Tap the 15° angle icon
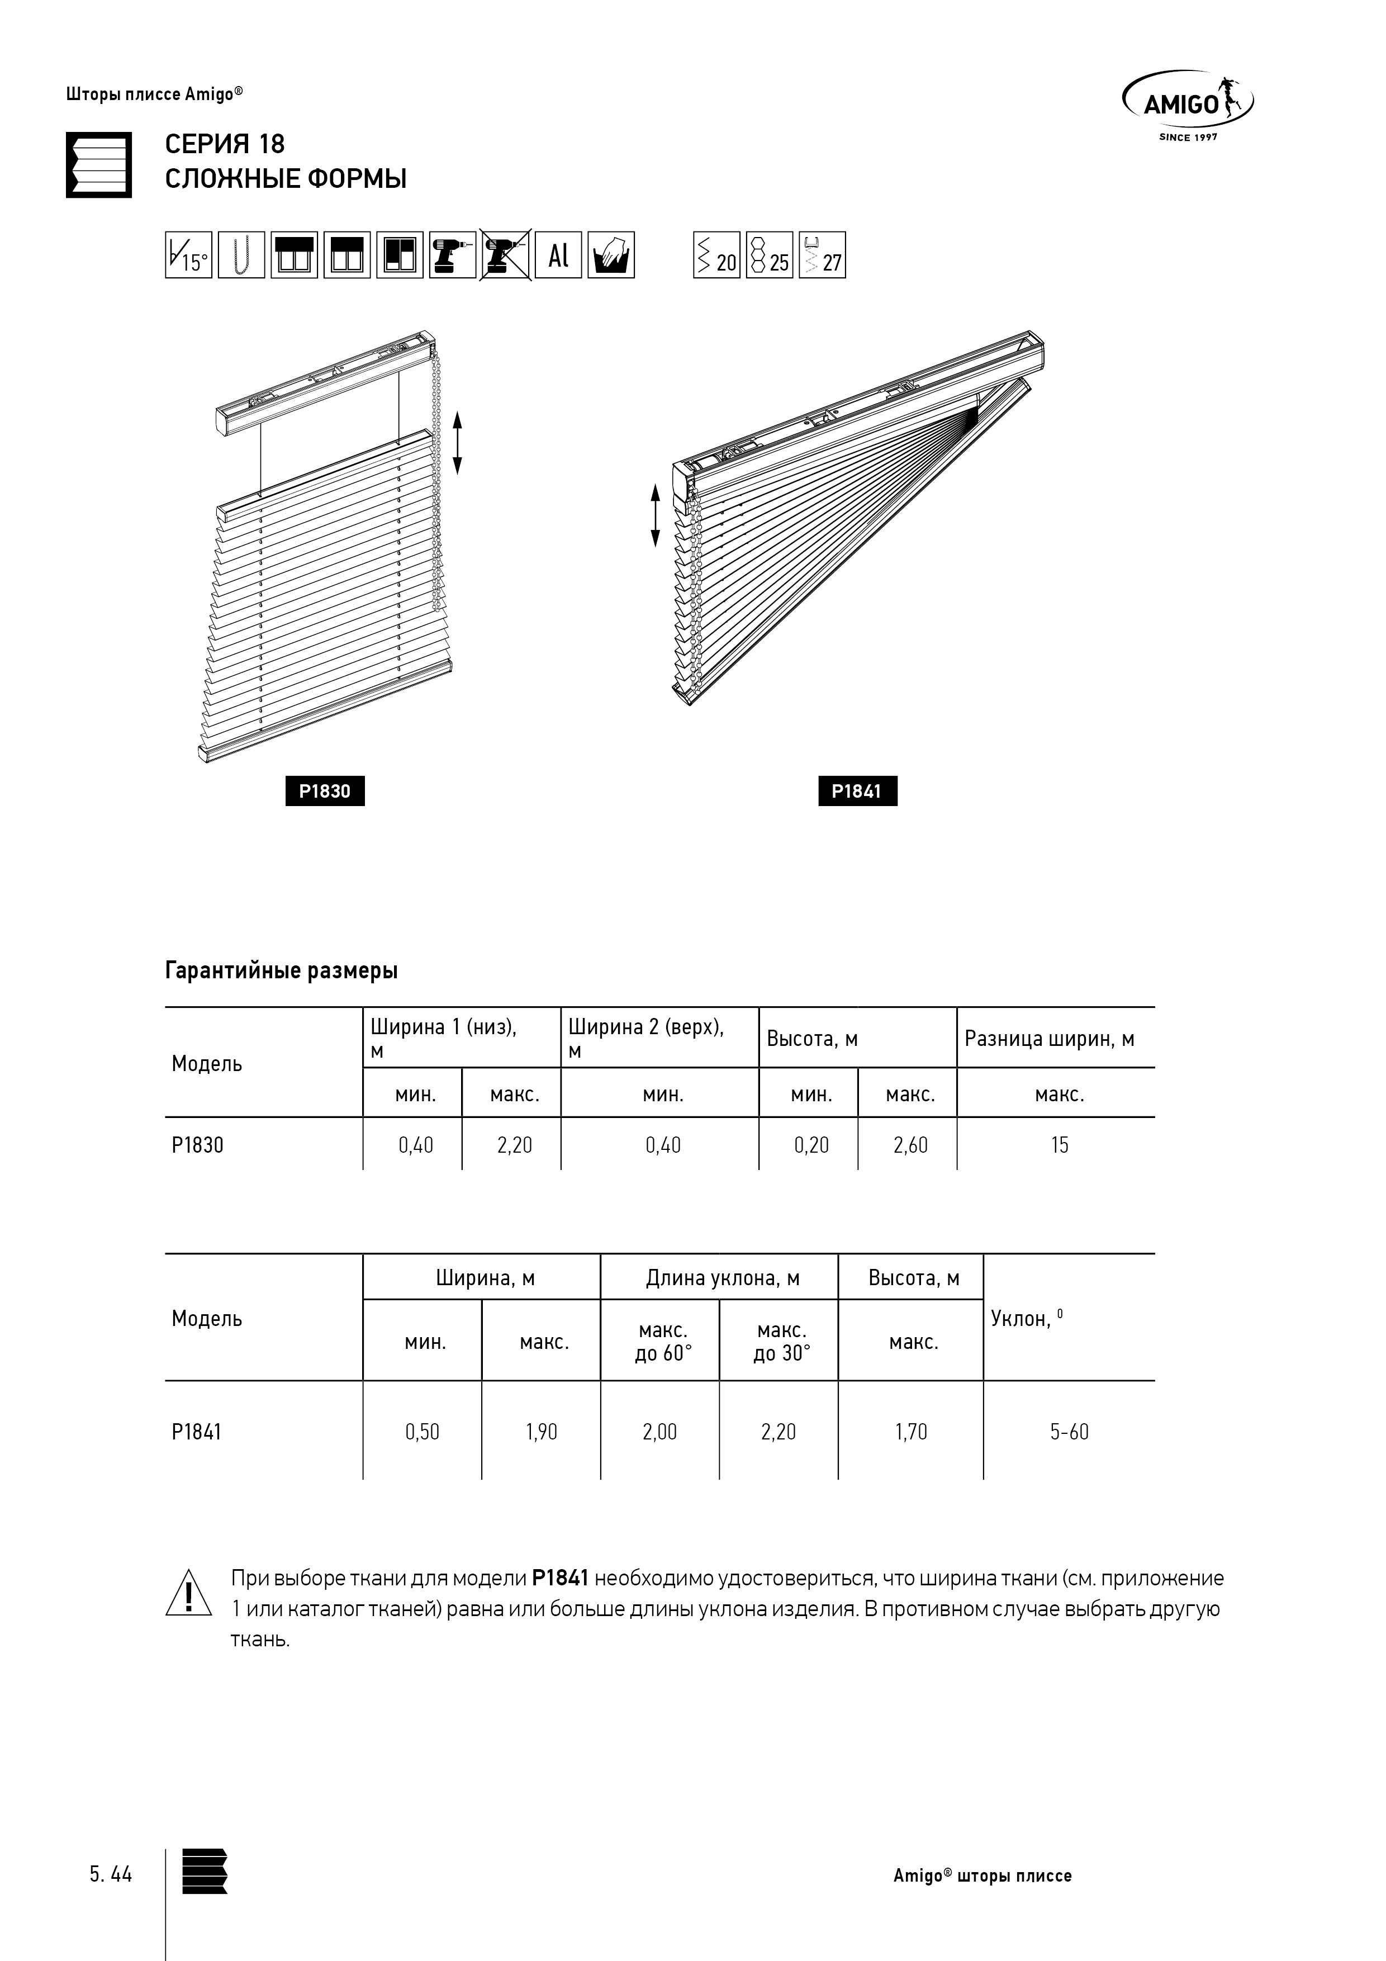point(188,254)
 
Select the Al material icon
point(558,254)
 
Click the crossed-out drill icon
point(506,254)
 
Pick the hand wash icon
point(611,254)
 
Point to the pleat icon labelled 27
point(822,254)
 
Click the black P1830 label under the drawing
point(325,791)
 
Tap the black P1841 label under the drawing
point(857,791)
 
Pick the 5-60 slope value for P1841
point(1069,1432)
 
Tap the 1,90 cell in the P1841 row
point(542,1432)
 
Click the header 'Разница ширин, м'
point(1050,1039)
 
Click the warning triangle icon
point(188,1594)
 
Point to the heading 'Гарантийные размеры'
point(281,970)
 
